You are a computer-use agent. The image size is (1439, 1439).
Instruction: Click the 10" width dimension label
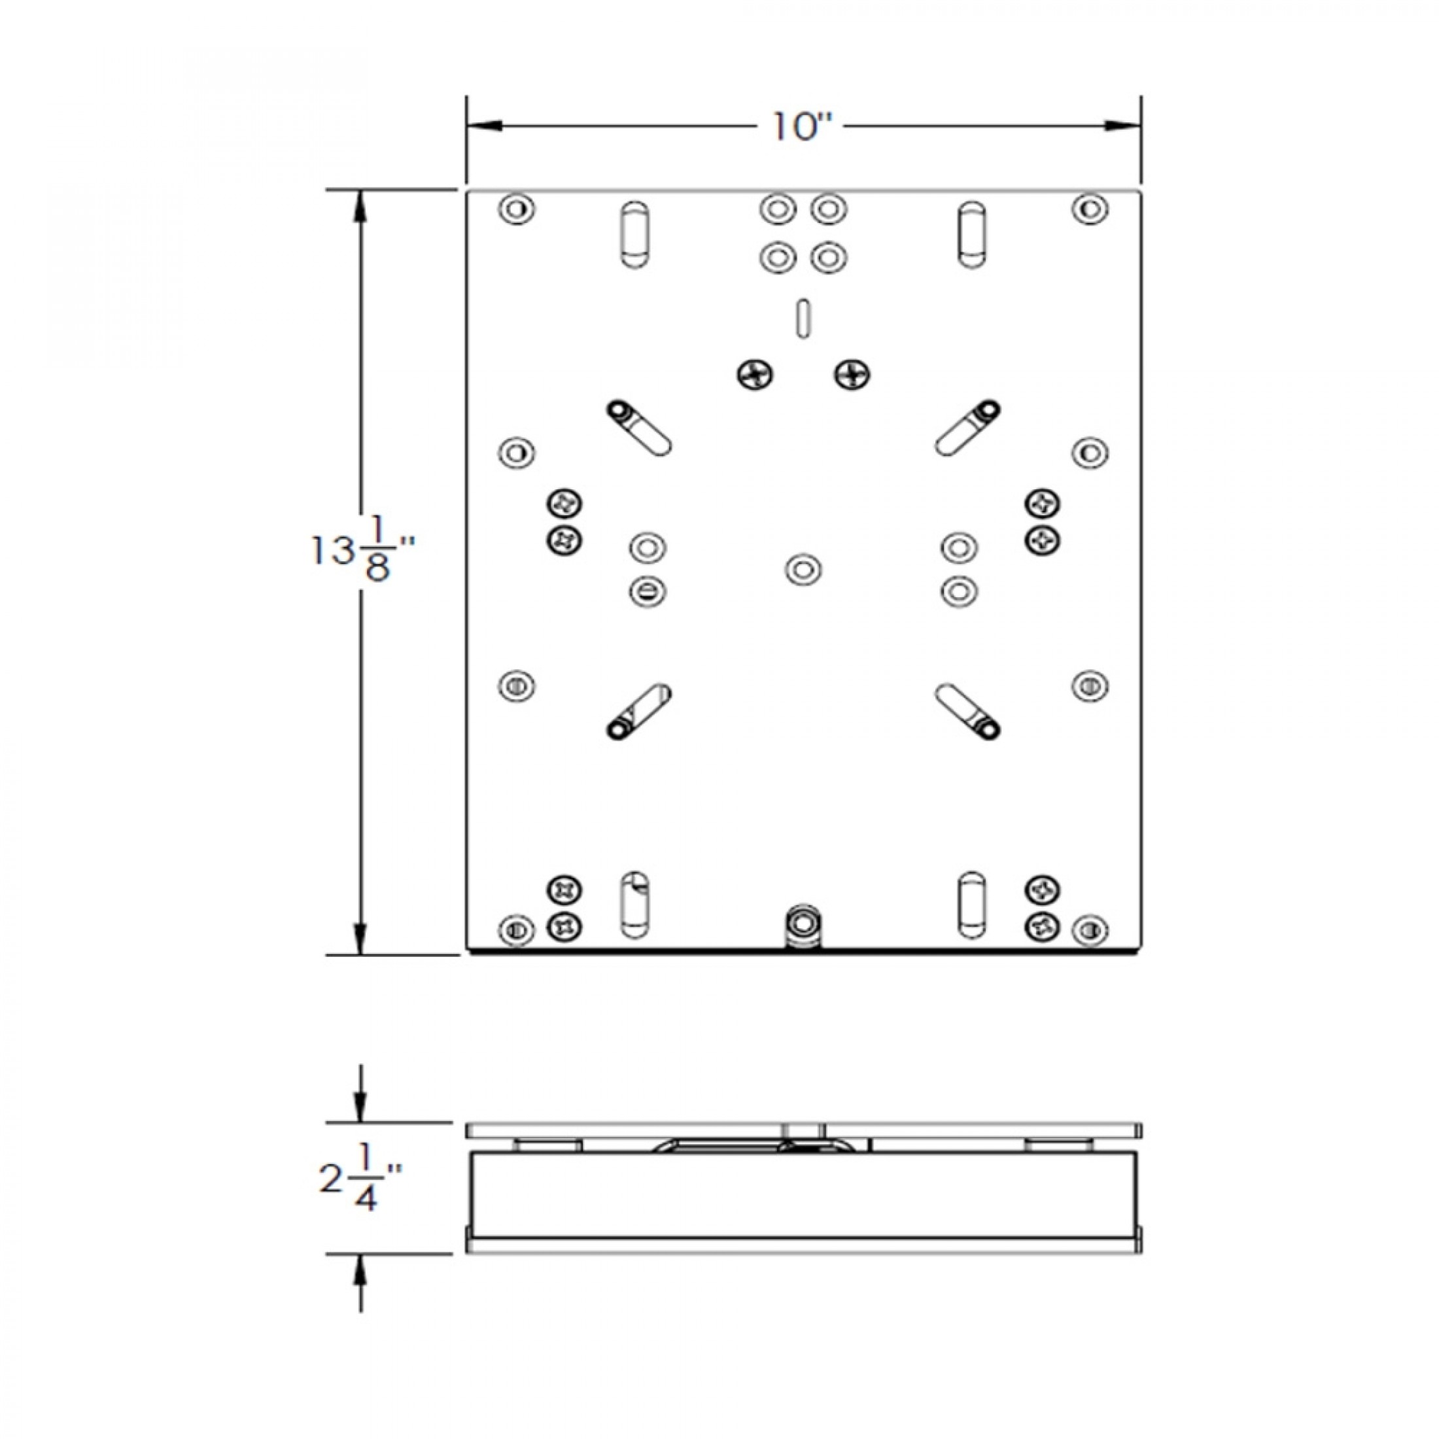801,128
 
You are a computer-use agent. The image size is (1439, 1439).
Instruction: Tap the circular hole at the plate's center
804,570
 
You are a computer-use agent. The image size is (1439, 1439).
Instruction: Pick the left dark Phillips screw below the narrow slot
755,375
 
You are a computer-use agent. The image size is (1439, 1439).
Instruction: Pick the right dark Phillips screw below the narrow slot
852,375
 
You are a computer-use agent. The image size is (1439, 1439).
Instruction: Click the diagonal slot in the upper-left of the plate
640,428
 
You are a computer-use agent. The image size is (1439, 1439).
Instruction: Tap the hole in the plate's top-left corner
517,209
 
